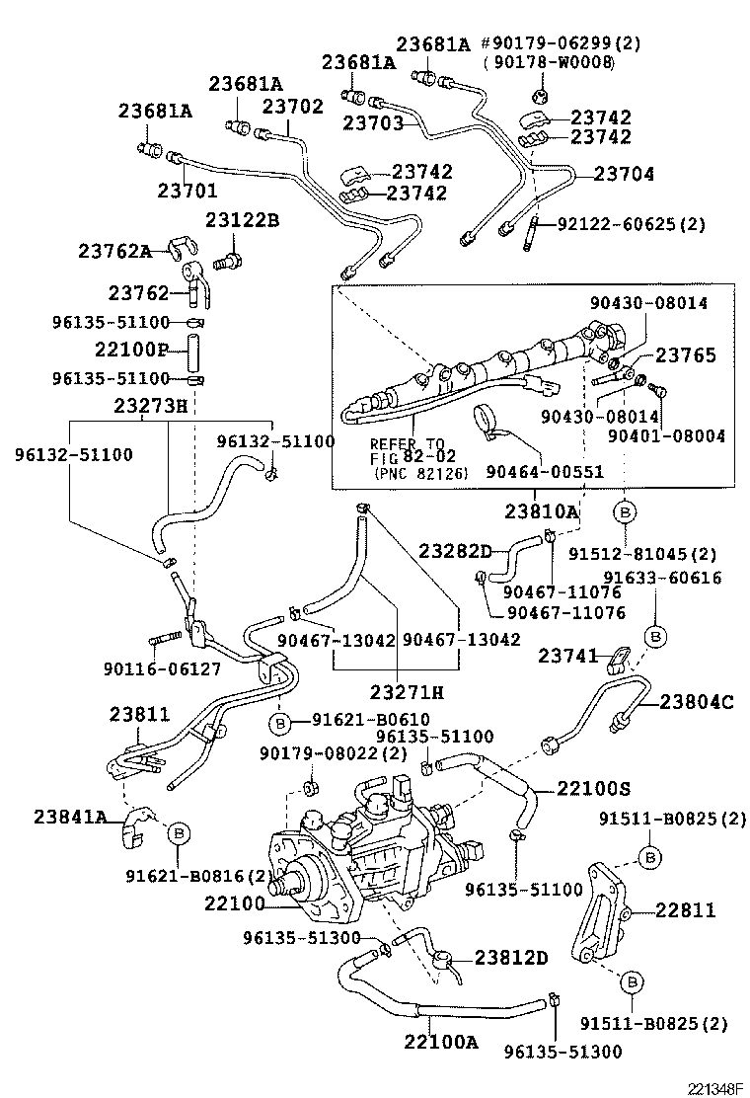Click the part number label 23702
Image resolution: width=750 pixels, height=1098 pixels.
[x=292, y=107]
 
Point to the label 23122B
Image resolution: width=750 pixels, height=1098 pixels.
[x=242, y=219]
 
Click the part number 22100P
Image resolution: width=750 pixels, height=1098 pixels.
[x=132, y=350]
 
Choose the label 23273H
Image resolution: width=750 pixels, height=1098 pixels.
[x=149, y=405]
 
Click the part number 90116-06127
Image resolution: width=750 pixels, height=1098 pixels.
[x=161, y=669]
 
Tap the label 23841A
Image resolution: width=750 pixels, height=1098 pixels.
[x=70, y=816]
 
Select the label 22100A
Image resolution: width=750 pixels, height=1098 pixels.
[x=439, y=1041]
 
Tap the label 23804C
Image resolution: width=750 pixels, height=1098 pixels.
[x=697, y=702]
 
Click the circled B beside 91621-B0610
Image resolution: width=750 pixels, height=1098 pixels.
[x=279, y=725]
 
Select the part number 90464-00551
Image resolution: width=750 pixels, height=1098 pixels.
[x=544, y=472]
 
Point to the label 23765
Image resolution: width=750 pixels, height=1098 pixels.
[x=685, y=355]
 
